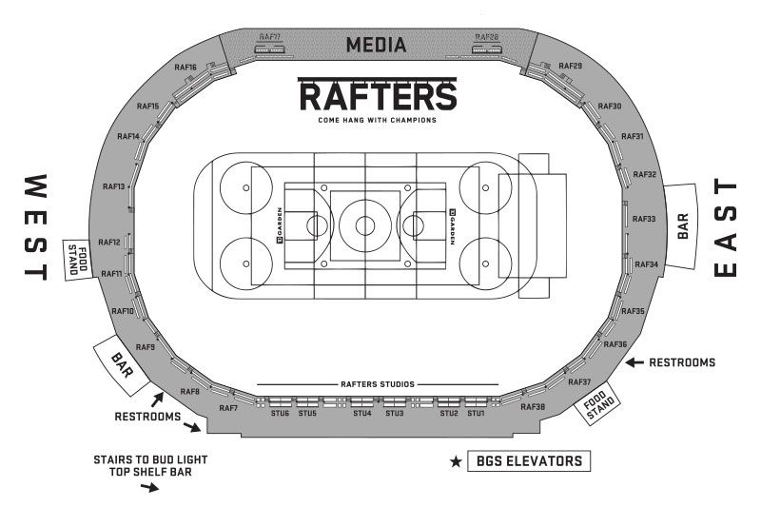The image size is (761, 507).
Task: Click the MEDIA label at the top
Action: click(377, 45)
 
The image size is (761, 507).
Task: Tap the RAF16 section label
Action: click(185, 68)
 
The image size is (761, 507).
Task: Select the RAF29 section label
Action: click(571, 66)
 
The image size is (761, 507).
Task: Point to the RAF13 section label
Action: click(114, 186)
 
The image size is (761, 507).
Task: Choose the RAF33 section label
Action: click(644, 219)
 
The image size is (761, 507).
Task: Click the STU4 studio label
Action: click(361, 414)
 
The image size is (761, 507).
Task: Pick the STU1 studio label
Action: click(476, 414)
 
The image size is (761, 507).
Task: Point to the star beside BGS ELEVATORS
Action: click(457, 462)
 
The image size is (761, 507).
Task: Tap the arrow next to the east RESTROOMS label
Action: click(634, 362)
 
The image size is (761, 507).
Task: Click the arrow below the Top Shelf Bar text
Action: click(149, 488)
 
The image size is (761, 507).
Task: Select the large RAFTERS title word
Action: click(378, 96)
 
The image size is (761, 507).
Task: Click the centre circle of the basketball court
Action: click(365, 225)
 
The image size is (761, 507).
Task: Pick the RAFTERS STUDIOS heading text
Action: click(377, 384)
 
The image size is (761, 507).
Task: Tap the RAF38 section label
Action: click(533, 407)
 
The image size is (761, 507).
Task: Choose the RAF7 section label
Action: click(228, 408)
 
